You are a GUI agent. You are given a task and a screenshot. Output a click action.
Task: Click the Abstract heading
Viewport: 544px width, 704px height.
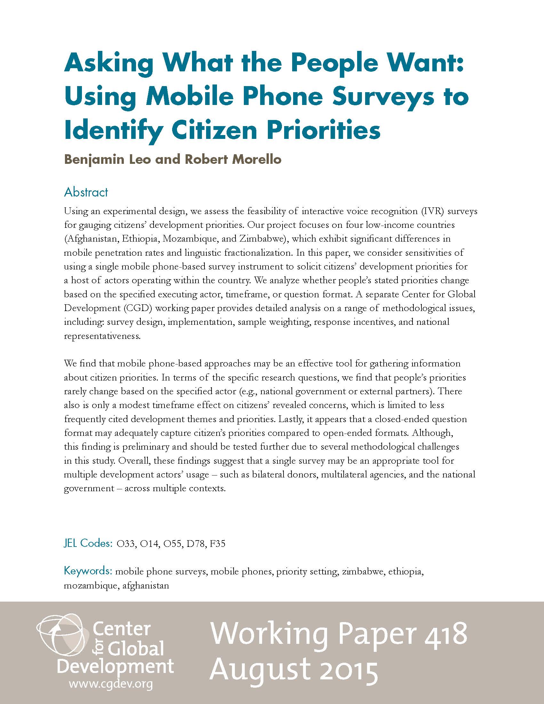(86, 192)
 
